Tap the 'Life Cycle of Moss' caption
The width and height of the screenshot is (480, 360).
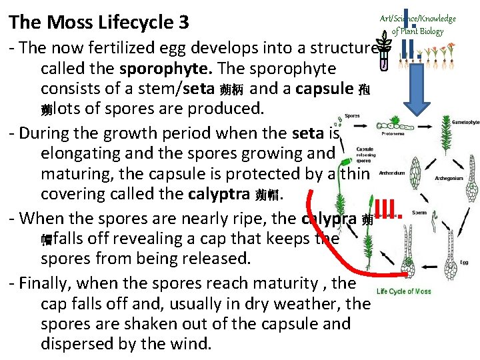[404, 291]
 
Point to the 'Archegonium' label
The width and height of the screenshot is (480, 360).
[449, 178]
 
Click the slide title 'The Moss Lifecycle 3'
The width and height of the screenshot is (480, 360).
[99, 23]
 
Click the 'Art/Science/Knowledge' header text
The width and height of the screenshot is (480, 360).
[417, 19]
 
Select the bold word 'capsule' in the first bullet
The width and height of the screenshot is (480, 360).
[325, 89]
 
